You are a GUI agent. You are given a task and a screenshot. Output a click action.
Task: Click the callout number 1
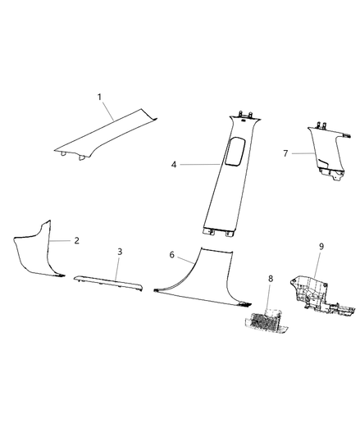[99, 98]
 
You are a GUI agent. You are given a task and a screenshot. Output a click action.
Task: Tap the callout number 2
[76, 241]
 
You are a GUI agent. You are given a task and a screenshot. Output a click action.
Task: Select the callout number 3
[120, 252]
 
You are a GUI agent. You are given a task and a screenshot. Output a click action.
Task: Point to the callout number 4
[174, 165]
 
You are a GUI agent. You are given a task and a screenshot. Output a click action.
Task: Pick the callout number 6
[171, 256]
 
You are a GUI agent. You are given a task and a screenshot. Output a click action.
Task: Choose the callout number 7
[285, 153]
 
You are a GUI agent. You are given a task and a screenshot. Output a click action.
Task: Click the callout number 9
[321, 245]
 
